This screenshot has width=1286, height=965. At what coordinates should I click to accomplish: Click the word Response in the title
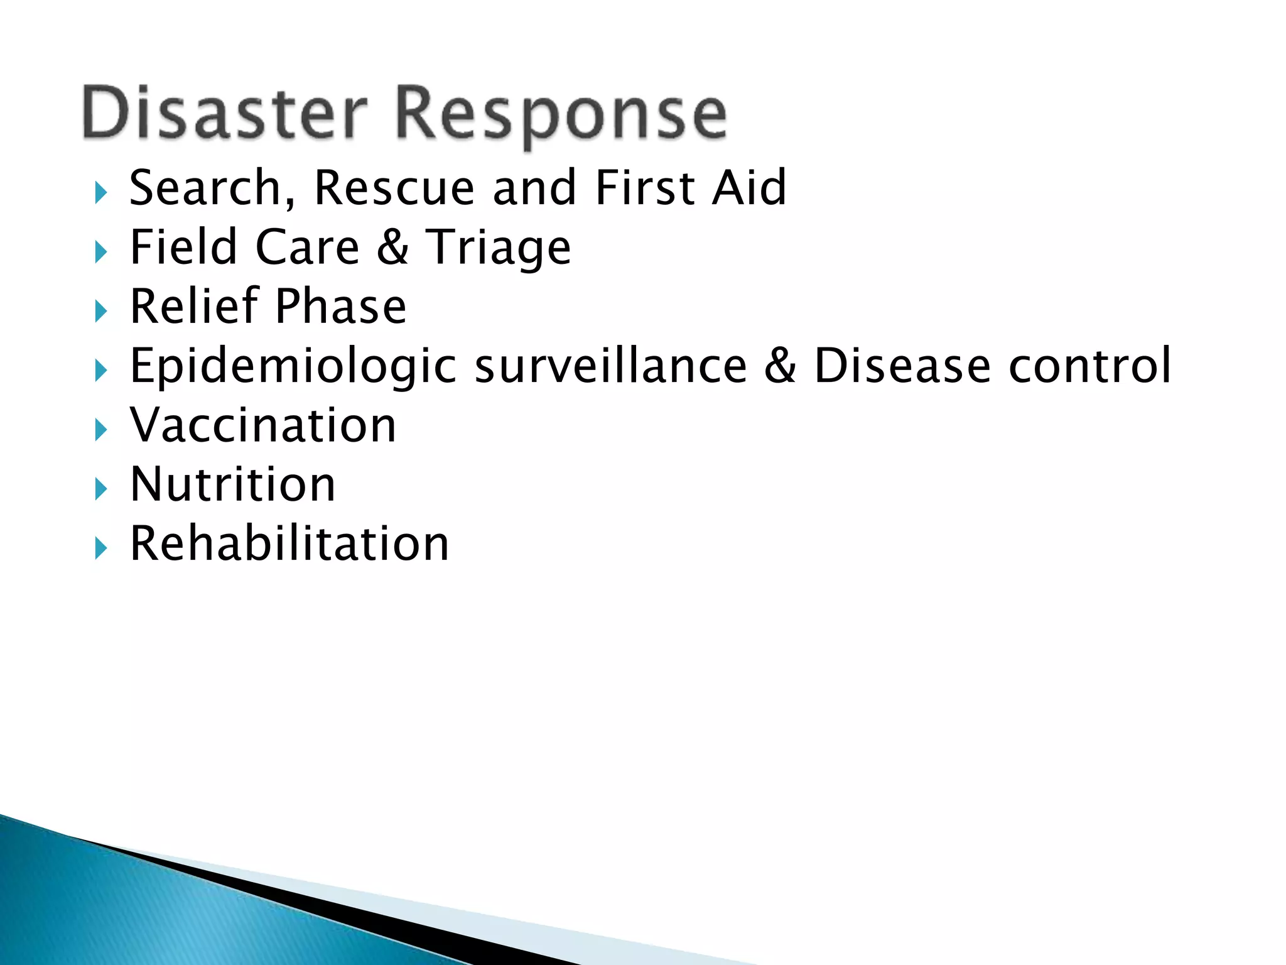[x=561, y=114]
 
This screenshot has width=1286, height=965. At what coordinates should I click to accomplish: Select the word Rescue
[x=394, y=188]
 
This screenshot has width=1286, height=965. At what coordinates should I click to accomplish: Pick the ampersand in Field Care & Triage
[x=393, y=248]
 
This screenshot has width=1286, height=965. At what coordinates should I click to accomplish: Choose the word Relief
[x=195, y=307]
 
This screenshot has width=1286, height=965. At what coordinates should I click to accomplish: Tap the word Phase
[x=341, y=307]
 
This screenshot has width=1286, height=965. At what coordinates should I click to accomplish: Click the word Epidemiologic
[x=293, y=366]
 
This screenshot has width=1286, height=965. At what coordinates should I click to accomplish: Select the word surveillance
[x=610, y=366]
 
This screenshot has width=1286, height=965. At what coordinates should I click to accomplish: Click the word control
[x=1089, y=366]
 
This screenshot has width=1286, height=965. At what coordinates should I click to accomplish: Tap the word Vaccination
[x=263, y=425]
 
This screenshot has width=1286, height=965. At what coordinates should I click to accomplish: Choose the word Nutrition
[x=233, y=484]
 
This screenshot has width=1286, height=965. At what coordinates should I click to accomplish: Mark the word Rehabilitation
[x=289, y=544]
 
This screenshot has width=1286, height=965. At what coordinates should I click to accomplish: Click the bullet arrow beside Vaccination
[x=100, y=430]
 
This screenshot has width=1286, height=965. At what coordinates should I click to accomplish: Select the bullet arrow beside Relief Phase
[x=100, y=312]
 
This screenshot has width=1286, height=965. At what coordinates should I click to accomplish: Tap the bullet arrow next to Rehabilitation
[x=100, y=549]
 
